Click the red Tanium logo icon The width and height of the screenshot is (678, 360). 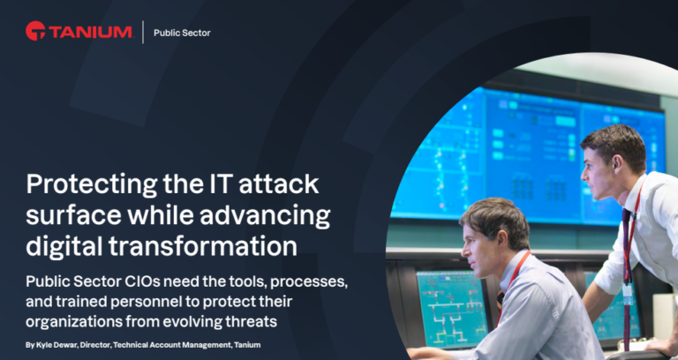36,32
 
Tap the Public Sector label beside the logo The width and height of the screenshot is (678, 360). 182,34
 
